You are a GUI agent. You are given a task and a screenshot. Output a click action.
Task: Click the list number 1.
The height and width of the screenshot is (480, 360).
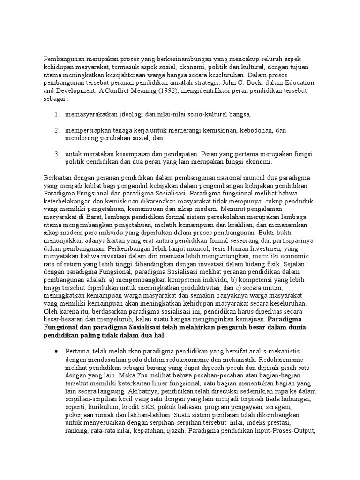click(56, 114)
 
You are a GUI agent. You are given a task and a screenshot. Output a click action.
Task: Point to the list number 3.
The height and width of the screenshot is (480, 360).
click(56, 154)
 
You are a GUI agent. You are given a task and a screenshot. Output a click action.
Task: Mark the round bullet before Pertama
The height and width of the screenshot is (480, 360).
click(56, 351)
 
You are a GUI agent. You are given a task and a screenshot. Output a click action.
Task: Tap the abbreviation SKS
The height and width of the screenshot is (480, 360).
click(145, 407)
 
